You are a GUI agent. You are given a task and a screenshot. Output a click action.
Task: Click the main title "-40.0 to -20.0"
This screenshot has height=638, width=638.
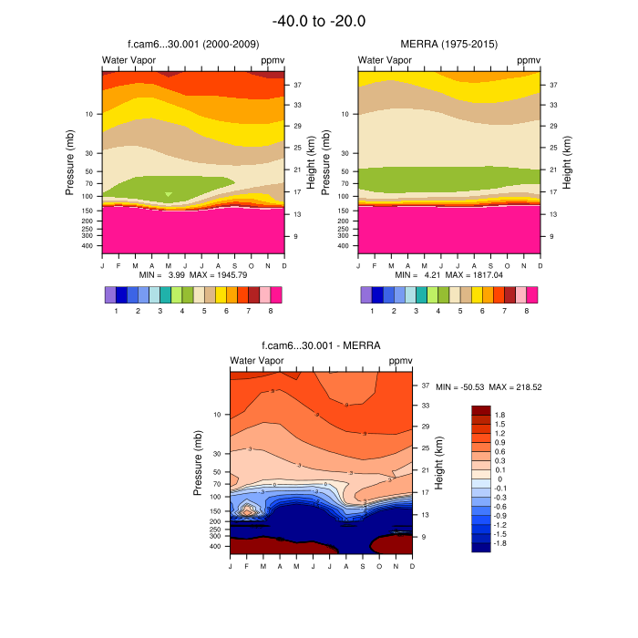point(319,21)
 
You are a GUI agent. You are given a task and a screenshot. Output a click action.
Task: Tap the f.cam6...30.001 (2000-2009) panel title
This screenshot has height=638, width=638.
point(192,44)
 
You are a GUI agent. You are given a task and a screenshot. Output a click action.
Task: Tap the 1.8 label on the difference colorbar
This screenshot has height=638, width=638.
point(499,415)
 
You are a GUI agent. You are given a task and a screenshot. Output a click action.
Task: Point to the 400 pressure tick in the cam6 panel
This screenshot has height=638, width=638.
point(88,246)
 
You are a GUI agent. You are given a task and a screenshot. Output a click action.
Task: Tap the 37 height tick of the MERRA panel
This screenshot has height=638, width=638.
point(552,85)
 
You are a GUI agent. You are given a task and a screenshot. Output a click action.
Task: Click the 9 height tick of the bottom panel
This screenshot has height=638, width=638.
point(427,537)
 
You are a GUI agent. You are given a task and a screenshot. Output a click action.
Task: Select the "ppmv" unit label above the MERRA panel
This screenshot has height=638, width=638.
point(529,60)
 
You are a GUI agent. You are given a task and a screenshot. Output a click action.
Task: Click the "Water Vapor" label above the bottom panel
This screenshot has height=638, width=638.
point(257,361)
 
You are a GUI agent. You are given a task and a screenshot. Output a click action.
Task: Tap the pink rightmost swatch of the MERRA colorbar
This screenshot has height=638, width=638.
point(531,294)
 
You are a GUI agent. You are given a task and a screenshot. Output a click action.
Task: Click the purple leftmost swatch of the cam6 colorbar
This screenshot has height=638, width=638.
point(110,294)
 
